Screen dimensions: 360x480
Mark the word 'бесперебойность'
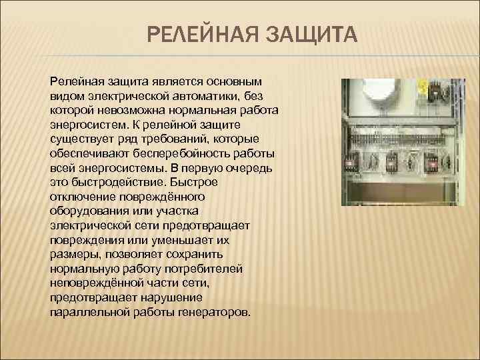tap(181, 153)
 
